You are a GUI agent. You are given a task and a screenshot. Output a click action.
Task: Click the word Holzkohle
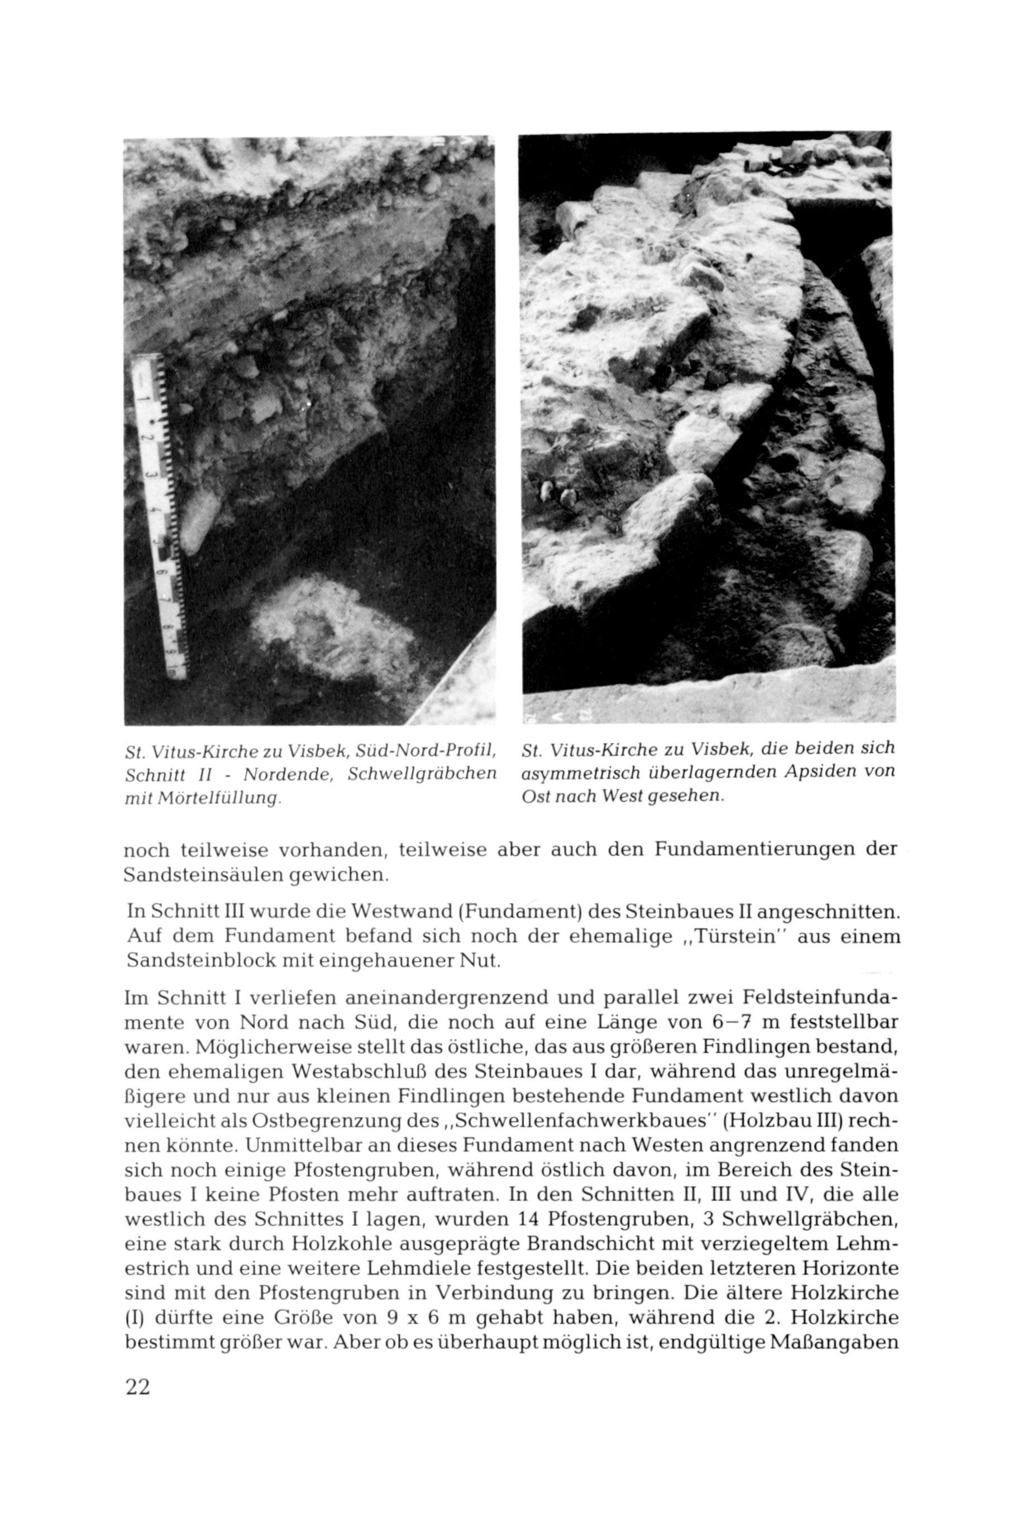(x=339, y=1244)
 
